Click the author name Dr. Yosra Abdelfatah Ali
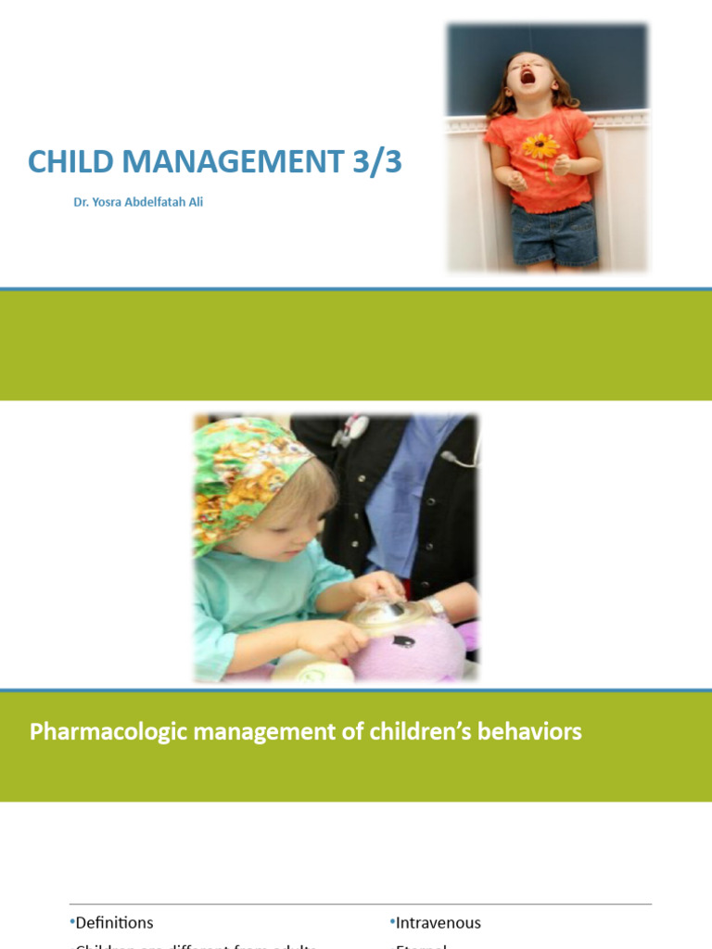tap(138, 202)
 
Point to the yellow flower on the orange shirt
tap(540, 146)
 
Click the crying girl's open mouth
tap(528, 75)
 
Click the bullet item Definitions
tap(114, 923)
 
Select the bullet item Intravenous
tap(438, 923)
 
